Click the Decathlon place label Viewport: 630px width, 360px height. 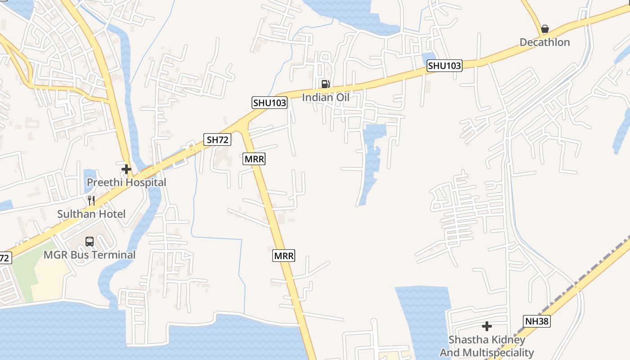coord(544,42)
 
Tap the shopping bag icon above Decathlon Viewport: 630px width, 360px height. coord(545,29)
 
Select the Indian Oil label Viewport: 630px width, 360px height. coord(325,97)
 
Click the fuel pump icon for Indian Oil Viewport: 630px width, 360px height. coord(325,84)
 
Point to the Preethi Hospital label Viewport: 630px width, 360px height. coord(126,183)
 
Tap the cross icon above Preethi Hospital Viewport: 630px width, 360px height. coord(126,169)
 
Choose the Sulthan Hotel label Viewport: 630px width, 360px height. coord(91,214)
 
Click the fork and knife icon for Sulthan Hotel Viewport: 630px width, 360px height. coord(91,201)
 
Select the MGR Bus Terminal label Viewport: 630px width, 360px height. coord(90,255)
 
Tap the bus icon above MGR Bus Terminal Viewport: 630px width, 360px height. coord(90,242)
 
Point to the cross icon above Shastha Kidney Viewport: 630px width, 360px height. coord(486,326)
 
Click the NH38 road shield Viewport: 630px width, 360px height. coord(537,321)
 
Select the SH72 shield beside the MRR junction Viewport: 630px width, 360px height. coord(218,139)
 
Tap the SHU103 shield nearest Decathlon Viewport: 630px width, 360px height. coord(444,66)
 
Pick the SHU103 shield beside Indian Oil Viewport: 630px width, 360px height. coord(269,103)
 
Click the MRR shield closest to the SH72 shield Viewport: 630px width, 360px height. coord(254,159)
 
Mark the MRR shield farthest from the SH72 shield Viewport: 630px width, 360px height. coord(284,256)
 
